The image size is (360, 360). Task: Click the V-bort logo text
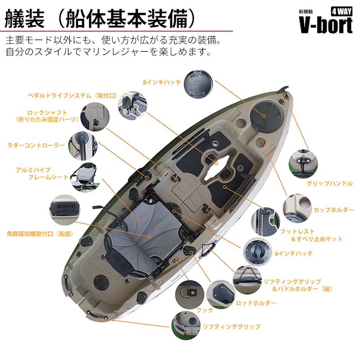tap(325, 25)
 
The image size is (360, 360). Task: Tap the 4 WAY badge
tap(342, 11)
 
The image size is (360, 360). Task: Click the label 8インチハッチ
tap(162, 82)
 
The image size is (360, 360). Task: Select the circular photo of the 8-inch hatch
tap(198, 84)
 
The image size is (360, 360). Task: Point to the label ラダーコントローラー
tap(36, 145)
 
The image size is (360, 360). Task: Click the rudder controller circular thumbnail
tap(83, 146)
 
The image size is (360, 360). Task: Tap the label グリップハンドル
tap(330, 184)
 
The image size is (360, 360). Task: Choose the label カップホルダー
tap(333, 210)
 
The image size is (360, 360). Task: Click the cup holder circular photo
tap(297, 208)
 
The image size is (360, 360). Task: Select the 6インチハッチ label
tap(294, 253)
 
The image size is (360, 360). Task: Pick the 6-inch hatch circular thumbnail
tap(257, 252)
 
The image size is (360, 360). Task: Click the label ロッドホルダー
tap(256, 303)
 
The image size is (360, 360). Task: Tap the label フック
tap(205, 310)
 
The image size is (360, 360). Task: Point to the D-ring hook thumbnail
tap(189, 295)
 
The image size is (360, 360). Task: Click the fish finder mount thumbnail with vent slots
tap(65, 210)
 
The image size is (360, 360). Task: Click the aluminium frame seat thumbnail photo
tap(85, 177)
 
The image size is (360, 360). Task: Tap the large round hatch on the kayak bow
tap(265, 117)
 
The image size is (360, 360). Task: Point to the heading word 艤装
tap(24, 19)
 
